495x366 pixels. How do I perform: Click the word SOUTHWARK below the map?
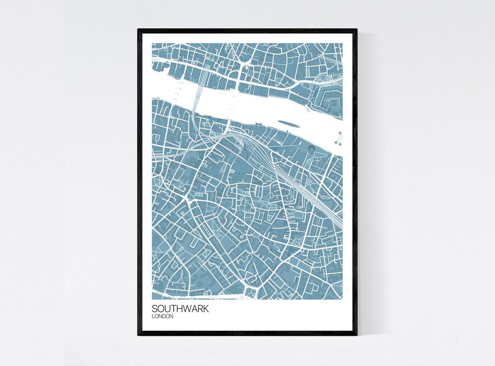coord(180,309)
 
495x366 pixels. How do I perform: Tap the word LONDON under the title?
coord(162,317)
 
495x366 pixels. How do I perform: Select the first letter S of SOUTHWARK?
coord(155,309)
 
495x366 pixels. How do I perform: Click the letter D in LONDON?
coord(165,317)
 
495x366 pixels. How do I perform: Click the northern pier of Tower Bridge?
coord(340,133)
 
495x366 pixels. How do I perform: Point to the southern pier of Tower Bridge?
coord(339,143)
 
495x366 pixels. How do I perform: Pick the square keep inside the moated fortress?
coord(334,102)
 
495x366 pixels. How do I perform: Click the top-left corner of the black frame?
coord(139,30)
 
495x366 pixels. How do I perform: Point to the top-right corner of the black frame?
coord(356,30)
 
